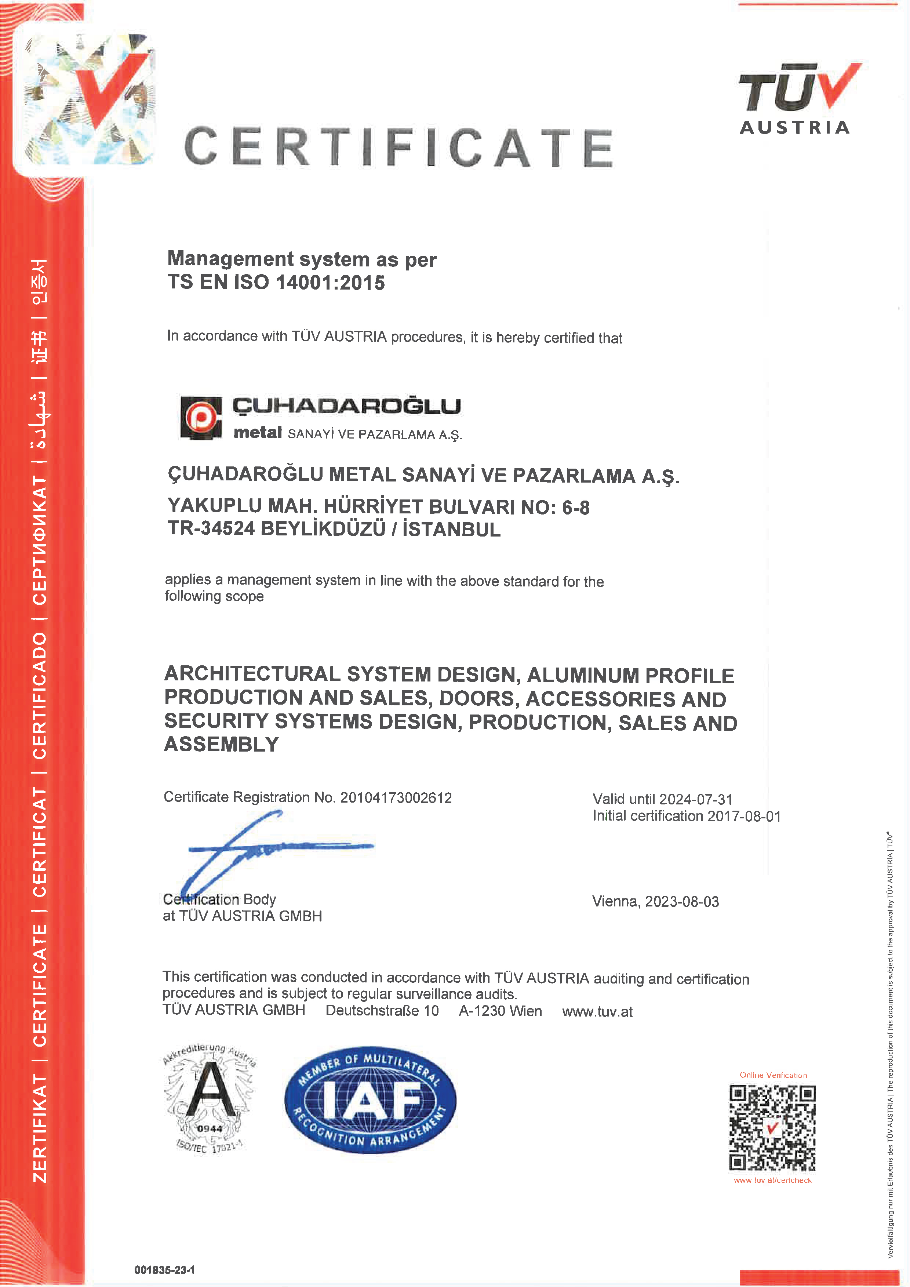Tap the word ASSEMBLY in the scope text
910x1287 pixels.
221,744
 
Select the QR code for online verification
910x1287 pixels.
772,1128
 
